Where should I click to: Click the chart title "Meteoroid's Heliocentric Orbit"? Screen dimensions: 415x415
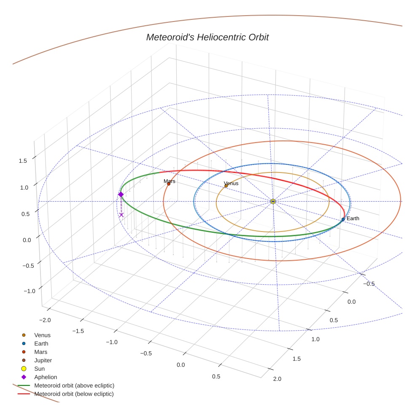tap(207, 37)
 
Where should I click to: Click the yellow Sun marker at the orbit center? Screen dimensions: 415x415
tap(273, 202)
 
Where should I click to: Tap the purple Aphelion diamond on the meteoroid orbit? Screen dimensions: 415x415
tap(121, 194)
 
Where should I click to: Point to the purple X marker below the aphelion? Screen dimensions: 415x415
tap(121, 215)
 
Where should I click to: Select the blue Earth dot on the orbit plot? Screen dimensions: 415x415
tap(343, 219)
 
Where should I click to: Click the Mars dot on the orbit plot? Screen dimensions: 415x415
tap(169, 184)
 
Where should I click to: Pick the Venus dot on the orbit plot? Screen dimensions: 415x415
tap(226, 186)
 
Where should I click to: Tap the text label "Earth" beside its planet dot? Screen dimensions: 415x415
tap(353, 218)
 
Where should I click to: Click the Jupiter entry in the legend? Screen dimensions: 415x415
tap(43, 360)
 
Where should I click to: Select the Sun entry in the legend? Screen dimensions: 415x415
tap(39, 369)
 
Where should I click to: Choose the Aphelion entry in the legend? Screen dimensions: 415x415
tap(45, 377)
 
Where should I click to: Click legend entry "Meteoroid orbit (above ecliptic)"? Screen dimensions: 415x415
tap(74, 385)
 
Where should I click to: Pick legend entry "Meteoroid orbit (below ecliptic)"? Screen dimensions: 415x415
tap(74, 394)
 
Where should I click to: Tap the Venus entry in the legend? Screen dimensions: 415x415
tap(42, 335)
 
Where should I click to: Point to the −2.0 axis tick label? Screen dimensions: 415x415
tap(44, 320)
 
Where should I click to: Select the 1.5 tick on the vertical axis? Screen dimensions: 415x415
tap(23, 161)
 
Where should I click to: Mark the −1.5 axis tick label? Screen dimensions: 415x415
tap(78, 331)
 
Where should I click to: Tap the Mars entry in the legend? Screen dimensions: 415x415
tap(40, 352)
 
